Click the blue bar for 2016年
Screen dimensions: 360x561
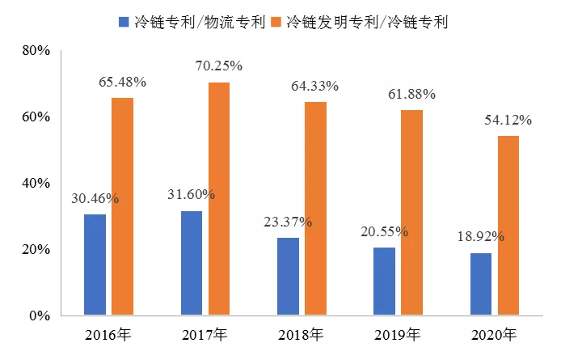tap(95, 265)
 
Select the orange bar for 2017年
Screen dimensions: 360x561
tap(219, 199)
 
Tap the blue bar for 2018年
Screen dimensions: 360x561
tap(288, 276)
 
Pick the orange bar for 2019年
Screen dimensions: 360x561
tap(411, 213)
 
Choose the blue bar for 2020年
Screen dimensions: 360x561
tap(481, 284)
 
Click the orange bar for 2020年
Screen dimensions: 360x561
tap(508, 226)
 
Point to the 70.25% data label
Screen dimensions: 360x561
tap(219, 66)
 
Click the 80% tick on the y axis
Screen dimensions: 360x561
tap(36, 51)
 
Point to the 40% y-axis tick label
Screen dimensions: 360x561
tap(36, 184)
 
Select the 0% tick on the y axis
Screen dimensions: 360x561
tap(40, 316)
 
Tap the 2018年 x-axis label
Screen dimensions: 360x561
tap(301, 334)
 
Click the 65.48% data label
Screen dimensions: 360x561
tap(122, 81)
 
